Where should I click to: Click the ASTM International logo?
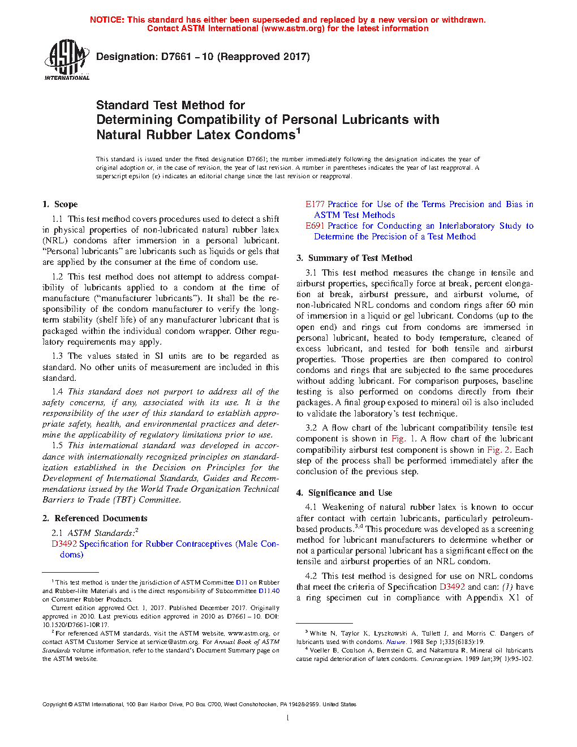pos(67,59)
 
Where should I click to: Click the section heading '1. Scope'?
pos(60,204)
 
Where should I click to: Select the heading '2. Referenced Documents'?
pos(95,518)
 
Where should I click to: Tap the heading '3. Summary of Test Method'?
pos(354,258)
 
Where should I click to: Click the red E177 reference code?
pos(315,204)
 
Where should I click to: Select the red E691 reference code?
pos(315,226)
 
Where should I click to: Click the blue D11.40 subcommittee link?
pos(269,591)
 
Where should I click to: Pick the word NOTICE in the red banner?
pos(107,20)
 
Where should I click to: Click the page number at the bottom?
pos(288,718)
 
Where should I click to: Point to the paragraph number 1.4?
pos(57,392)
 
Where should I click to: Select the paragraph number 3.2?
pos(311,428)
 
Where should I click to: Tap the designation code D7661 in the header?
pos(178,57)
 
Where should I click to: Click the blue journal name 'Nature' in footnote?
pos(395,642)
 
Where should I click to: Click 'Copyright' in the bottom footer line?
pos(54,705)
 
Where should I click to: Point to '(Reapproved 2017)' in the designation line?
pos(264,57)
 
